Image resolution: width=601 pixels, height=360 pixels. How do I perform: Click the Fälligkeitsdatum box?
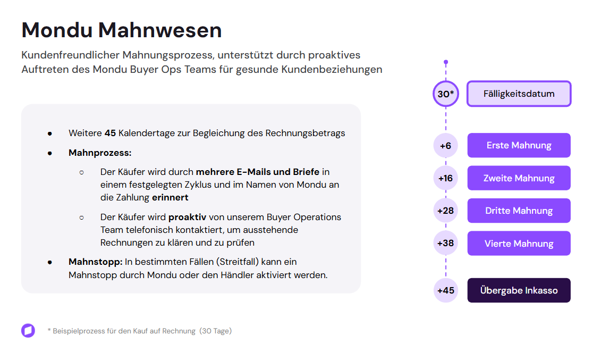pos(519,94)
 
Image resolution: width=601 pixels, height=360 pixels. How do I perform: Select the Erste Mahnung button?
pos(519,145)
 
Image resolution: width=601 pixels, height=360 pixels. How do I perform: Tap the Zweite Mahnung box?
pos(519,178)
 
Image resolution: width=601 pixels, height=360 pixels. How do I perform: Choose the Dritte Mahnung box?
pos(519,211)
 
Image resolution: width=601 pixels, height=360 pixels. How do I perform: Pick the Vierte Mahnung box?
pos(519,243)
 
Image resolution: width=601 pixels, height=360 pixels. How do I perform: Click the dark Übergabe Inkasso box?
pos(519,290)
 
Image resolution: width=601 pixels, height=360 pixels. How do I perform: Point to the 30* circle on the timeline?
pos(446,94)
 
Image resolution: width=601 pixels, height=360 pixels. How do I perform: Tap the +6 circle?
pos(446,146)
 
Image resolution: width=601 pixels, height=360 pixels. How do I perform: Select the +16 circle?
pos(446,178)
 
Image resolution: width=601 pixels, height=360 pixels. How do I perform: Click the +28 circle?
pos(446,211)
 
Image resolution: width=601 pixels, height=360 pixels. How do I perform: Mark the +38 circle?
pos(446,243)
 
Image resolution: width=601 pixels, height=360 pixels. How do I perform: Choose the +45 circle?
pos(446,290)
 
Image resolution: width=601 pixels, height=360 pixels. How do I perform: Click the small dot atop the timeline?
pos(446,62)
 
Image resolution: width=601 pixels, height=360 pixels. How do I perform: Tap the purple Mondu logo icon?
pos(28,330)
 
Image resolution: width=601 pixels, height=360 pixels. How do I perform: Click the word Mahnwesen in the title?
pos(160,30)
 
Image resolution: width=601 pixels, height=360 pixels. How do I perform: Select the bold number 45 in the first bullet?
pos(110,133)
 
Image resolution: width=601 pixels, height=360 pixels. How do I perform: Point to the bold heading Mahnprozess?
pos(100,153)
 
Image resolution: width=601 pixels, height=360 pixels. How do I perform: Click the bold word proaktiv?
pos(188,217)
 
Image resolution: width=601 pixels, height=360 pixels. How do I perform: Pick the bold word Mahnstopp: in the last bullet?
pos(96,262)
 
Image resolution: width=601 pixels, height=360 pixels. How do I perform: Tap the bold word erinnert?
pos(170,197)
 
